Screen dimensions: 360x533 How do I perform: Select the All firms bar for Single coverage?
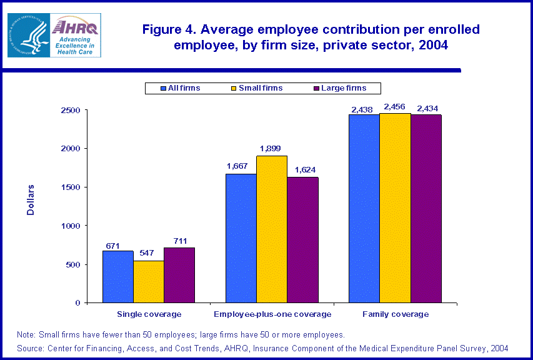point(117,277)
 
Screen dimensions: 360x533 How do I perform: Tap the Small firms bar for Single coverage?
point(148,281)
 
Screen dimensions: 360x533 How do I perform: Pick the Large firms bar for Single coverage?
point(179,275)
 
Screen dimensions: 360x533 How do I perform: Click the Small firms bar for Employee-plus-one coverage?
point(272,229)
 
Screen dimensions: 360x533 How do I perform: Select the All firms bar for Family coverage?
point(364,208)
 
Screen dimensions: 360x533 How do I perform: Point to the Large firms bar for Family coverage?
point(426,208)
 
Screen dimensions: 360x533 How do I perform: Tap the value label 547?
point(148,253)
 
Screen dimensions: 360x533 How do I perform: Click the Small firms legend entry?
point(257,88)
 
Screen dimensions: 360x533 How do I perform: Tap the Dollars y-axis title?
point(31,199)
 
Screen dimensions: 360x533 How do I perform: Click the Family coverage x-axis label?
point(396,314)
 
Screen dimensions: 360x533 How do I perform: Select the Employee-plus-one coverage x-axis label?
point(272,314)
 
